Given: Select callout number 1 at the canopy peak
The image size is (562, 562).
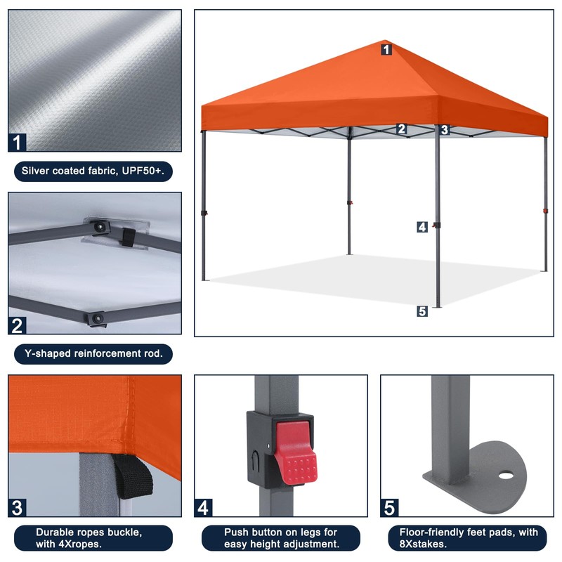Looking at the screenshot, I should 386,49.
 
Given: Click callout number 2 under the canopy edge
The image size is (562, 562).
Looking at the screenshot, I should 402,129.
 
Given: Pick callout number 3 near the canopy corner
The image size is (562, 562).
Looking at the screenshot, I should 444,129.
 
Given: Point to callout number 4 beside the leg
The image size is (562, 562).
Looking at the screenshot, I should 421,226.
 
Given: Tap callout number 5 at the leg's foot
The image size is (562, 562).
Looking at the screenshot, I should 421,311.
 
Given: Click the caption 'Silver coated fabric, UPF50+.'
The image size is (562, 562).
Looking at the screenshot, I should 93,171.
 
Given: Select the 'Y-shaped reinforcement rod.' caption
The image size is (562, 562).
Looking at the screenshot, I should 93,353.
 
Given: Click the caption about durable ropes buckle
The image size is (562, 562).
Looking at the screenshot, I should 93,538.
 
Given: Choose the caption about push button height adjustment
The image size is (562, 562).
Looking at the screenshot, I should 281,538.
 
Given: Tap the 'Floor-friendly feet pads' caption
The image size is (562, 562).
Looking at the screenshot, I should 469,538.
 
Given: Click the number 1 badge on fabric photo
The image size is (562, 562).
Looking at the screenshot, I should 18,142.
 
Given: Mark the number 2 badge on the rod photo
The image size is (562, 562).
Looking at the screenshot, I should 18,325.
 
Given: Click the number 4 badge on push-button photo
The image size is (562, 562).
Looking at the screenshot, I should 204,507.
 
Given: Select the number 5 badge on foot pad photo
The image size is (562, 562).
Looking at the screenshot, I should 390,507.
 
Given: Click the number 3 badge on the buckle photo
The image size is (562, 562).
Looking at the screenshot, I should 18,507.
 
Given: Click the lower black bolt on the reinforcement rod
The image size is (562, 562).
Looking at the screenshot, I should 96,318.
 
